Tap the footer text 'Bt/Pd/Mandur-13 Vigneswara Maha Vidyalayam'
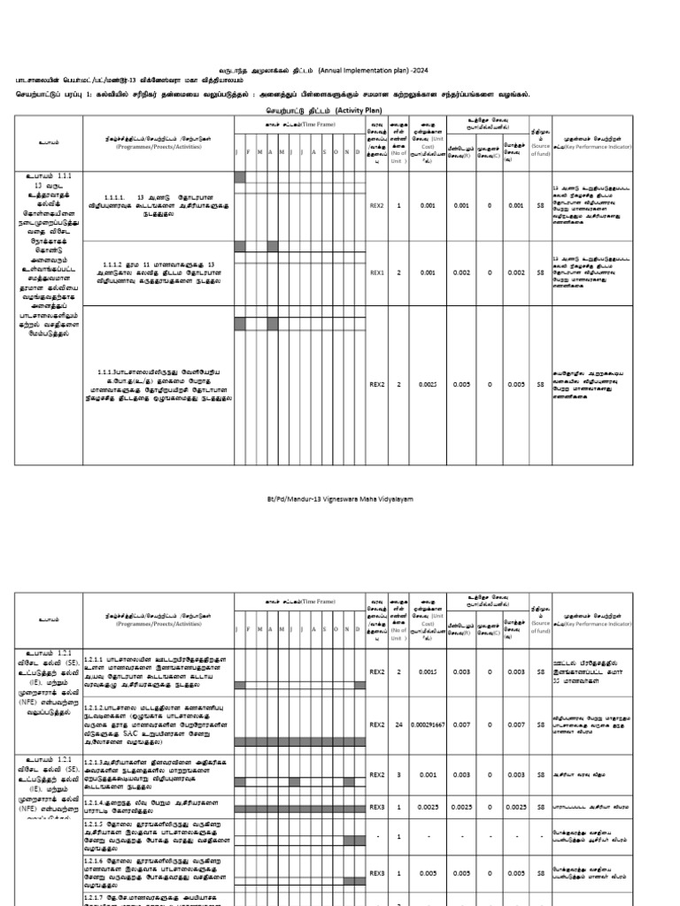[339, 499]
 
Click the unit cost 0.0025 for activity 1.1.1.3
[428, 385]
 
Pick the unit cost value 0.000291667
[428, 725]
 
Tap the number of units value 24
[399, 725]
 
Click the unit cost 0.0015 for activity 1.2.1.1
[428, 672]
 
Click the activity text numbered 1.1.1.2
[158, 272]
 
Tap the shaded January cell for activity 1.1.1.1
[239, 178]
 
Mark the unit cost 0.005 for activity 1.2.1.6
[428, 872]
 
